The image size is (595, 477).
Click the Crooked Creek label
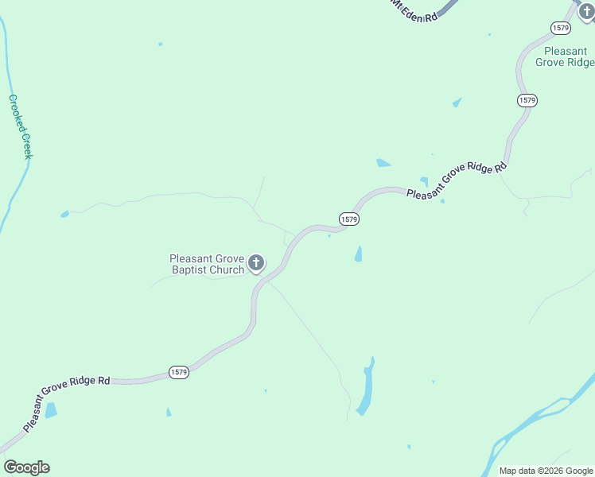21,127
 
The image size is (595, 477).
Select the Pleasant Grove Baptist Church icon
256,262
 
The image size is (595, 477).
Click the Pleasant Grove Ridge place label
565,56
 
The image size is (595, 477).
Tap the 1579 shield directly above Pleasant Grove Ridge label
561,28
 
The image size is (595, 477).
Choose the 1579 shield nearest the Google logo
179,372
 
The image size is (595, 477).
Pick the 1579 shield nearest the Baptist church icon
348,219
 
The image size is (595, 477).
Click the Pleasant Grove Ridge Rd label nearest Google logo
67,405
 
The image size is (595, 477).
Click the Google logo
26,467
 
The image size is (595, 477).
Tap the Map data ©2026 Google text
546,471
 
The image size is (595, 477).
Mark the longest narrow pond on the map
365,388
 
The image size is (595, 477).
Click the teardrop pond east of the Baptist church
358,254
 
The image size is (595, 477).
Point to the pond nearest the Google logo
51,410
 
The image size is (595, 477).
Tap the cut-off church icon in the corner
586,12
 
